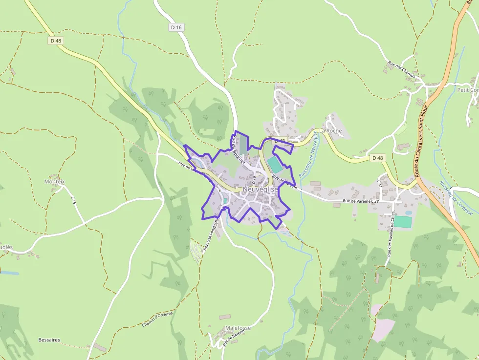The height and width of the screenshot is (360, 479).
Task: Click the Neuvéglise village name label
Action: tap(260, 190)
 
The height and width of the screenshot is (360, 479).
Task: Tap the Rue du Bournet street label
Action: tap(239, 148)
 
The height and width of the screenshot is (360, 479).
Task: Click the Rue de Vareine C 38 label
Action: tap(361, 201)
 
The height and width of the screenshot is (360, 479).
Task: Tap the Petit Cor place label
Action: tap(468, 90)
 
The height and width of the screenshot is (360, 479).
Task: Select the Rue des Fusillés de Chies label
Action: tap(391, 233)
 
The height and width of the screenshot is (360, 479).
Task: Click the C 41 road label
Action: tap(379, 183)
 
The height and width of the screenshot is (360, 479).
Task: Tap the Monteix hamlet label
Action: tap(54, 181)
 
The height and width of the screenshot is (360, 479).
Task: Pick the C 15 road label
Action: tap(73, 200)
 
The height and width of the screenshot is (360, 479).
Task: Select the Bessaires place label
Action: tap(49, 339)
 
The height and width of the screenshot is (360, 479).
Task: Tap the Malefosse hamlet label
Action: tap(238, 328)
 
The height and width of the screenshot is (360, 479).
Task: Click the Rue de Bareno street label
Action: tap(233, 338)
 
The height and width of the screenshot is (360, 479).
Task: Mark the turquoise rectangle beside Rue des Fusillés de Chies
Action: tap(403, 222)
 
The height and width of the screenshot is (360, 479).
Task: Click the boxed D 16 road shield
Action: tap(176, 27)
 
